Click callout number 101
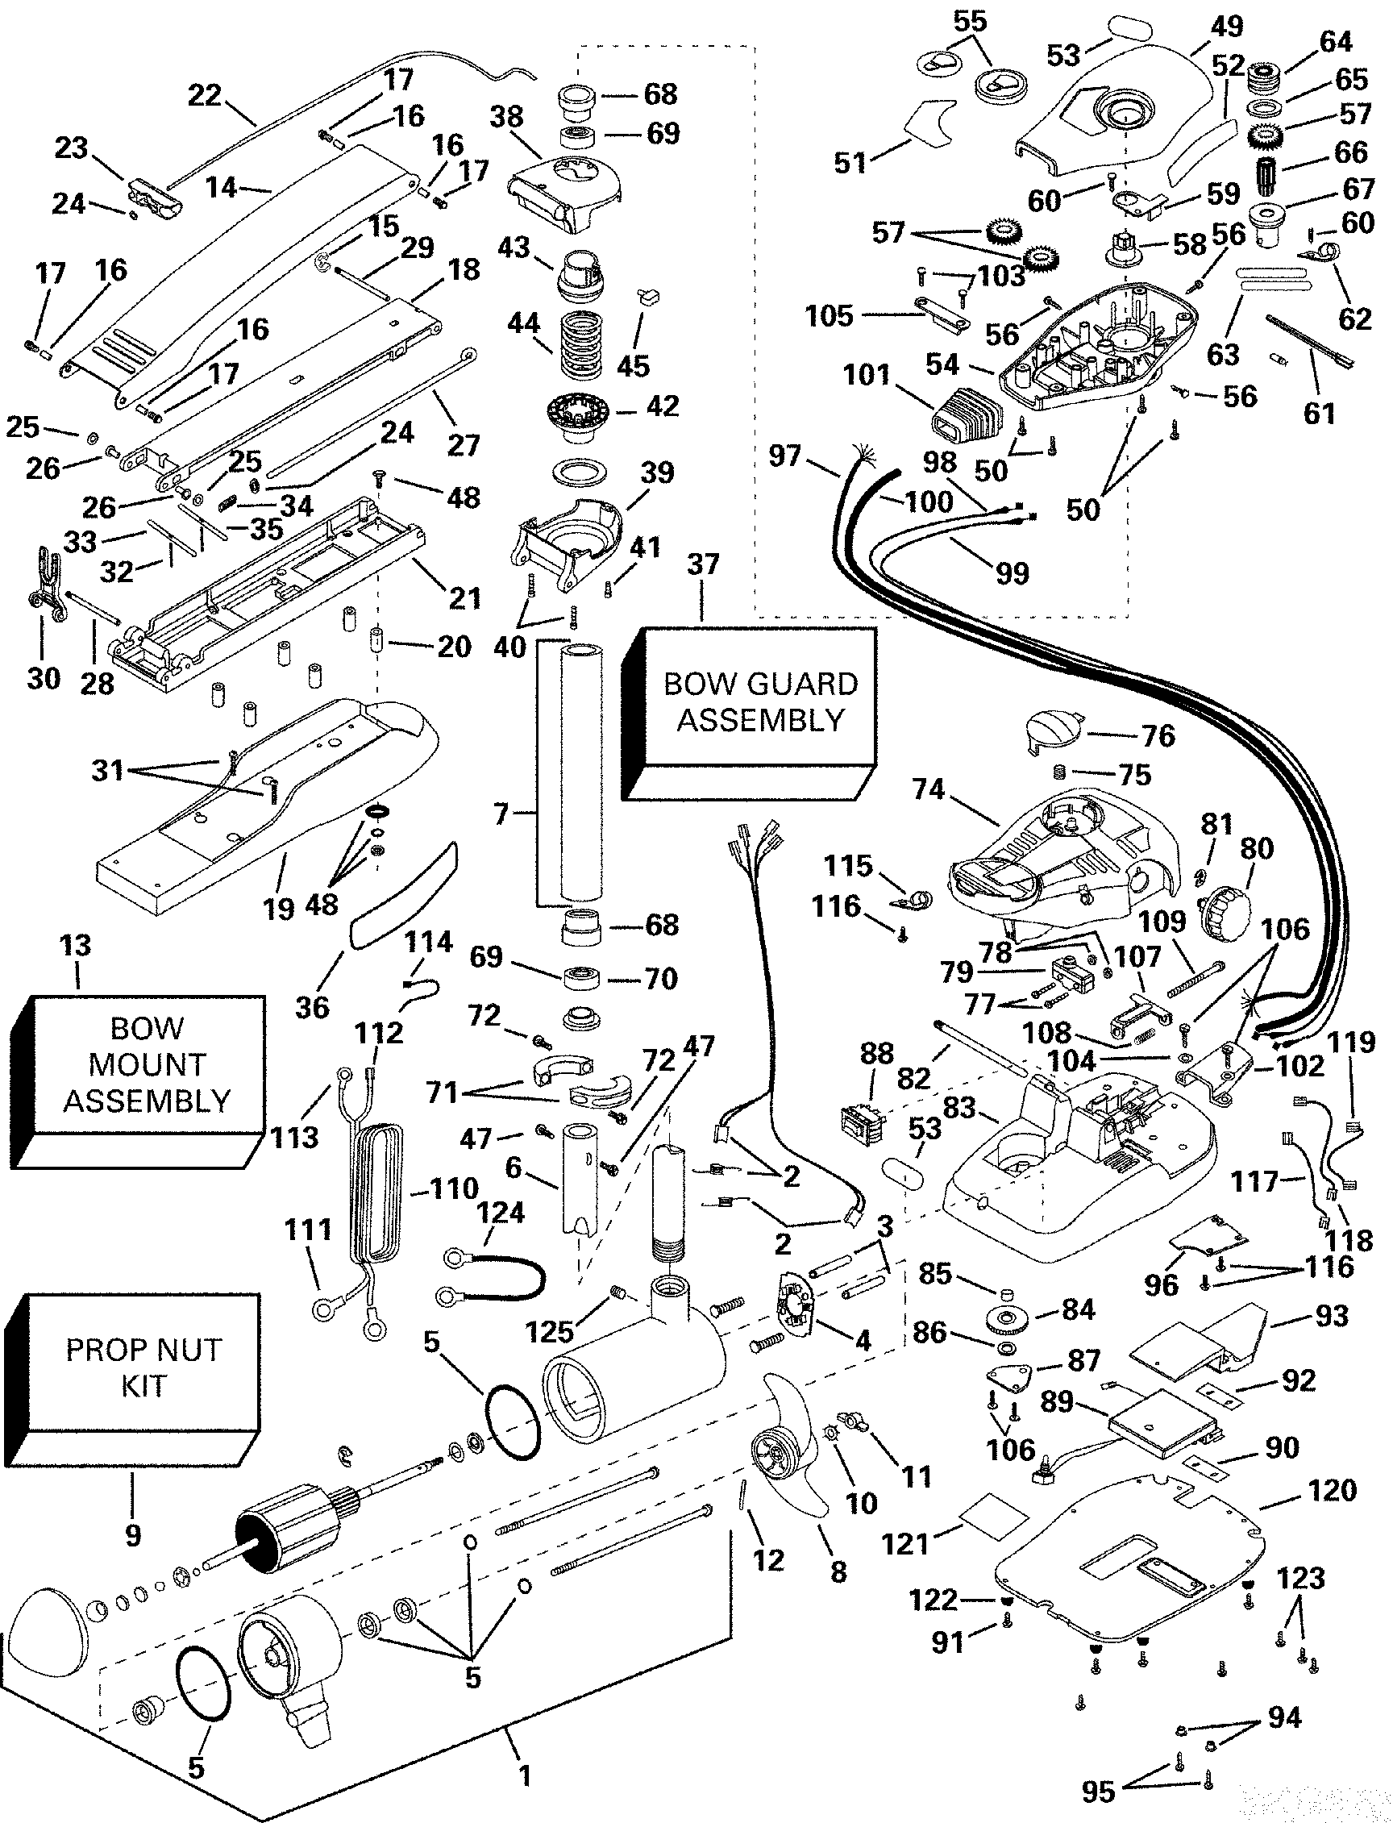866,376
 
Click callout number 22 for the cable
204,95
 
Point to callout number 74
928,789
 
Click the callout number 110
454,1188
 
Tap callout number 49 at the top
1226,27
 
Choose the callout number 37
702,564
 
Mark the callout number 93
1332,1315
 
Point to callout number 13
76,945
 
